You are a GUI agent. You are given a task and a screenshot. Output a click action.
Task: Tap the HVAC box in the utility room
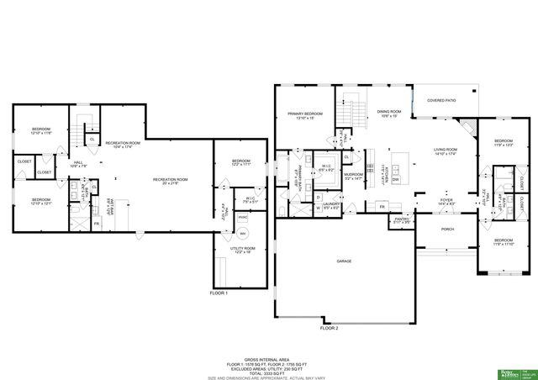click(x=242, y=217)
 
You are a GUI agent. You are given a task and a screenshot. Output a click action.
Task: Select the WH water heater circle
click(x=243, y=233)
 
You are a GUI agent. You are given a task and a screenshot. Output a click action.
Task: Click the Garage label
click(x=344, y=261)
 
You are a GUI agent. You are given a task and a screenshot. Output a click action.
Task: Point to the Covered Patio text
click(x=441, y=100)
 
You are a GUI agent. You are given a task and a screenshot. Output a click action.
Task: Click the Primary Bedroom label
click(x=305, y=115)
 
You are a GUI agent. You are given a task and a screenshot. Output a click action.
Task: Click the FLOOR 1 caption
click(x=219, y=293)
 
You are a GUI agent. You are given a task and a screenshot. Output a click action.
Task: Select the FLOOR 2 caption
click(x=329, y=328)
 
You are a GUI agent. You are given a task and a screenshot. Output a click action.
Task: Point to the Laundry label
click(x=331, y=204)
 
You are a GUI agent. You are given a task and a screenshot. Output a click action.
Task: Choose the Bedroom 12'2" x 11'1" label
click(x=241, y=162)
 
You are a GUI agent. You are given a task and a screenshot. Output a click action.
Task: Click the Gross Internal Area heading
click(x=268, y=358)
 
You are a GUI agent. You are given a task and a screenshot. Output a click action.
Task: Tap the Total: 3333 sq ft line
click(x=268, y=371)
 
